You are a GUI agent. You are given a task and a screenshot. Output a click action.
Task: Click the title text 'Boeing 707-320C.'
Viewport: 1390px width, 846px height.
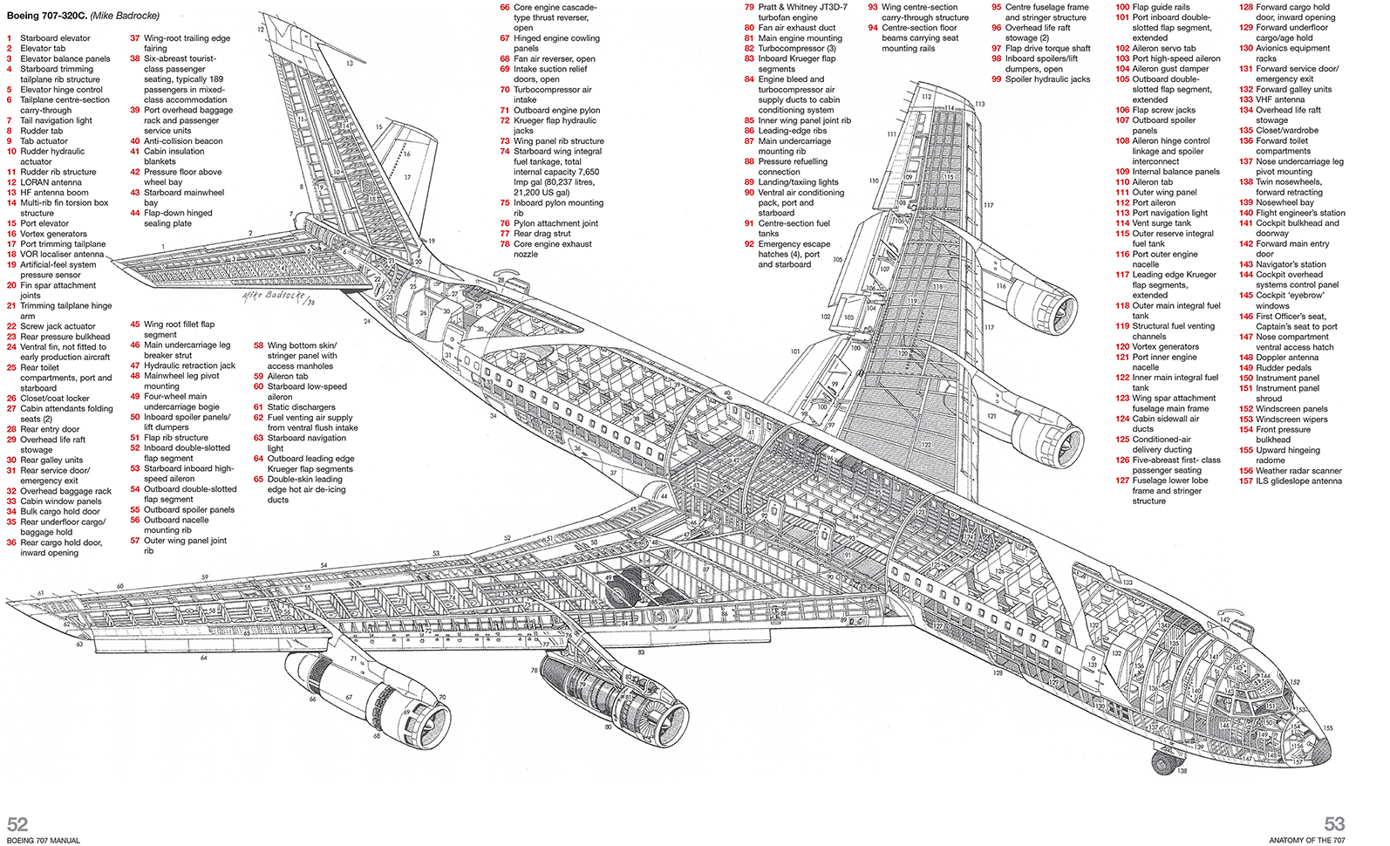[x=46, y=16]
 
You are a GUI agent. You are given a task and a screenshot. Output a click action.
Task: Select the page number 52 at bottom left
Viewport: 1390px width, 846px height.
[x=17, y=824]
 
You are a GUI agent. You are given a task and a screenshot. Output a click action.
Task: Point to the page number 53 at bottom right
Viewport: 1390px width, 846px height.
[x=1334, y=824]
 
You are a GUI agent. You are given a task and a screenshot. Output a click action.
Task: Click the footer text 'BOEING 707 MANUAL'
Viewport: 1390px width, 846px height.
[x=44, y=841]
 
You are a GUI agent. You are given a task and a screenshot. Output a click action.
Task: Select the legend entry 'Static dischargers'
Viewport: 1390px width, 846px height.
[x=301, y=407]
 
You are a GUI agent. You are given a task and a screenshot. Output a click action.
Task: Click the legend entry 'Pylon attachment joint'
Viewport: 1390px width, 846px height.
[x=555, y=223]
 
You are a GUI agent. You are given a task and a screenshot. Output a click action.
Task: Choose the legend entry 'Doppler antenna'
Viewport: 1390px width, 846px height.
[x=1287, y=358]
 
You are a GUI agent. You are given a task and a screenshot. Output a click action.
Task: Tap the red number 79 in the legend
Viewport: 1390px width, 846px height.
[x=749, y=7]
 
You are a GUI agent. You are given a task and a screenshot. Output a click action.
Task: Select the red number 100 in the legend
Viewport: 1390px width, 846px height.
[x=1122, y=7]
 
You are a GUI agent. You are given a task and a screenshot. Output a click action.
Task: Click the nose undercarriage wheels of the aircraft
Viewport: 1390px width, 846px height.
[x=1162, y=762]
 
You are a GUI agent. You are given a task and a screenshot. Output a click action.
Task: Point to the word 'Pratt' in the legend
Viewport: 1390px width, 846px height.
[x=769, y=7]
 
